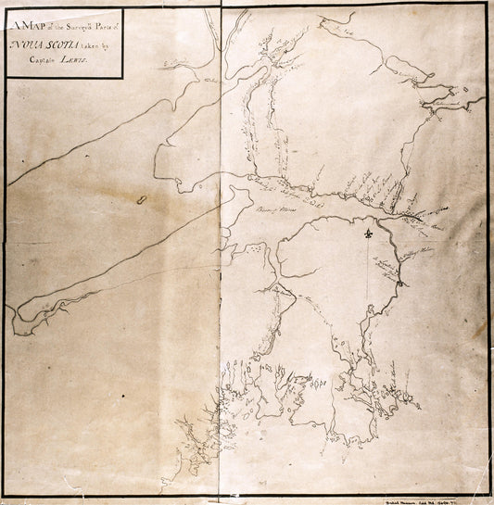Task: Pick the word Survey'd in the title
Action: pyautogui.click(x=81, y=25)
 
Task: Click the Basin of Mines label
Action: pyautogui.click(x=271, y=209)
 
